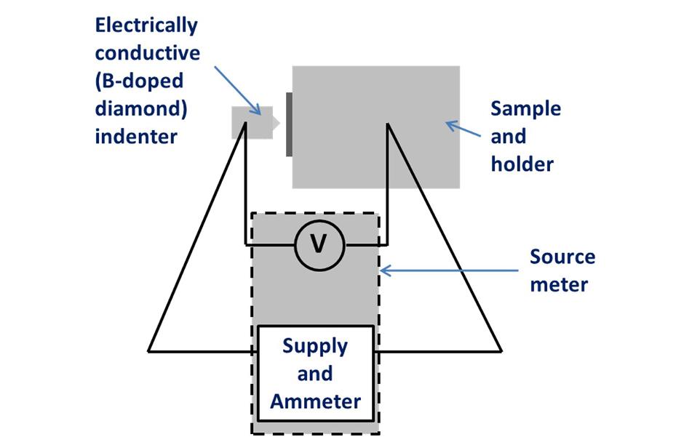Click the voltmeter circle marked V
pyautogui.click(x=318, y=244)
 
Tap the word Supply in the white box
pyautogui.click(x=314, y=345)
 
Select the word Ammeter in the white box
pyautogui.click(x=315, y=401)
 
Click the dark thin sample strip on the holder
pyautogui.click(x=289, y=124)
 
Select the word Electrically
pyautogui.click(x=146, y=25)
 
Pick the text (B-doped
pyautogui.click(x=138, y=81)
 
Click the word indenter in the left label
pyautogui.click(x=136, y=136)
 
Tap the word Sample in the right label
pyautogui.click(x=525, y=109)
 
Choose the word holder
pyautogui.click(x=522, y=164)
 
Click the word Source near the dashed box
pyautogui.click(x=562, y=257)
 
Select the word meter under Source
pyautogui.click(x=558, y=284)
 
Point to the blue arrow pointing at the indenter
pyautogui.click(x=237, y=89)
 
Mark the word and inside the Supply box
pyautogui.click(x=314, y=373)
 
